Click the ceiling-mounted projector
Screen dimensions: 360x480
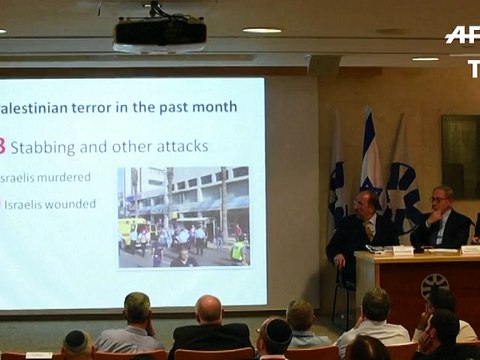tap(160, 33)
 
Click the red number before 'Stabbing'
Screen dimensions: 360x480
tap(3, 147)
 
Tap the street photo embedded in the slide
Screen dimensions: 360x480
tap(183, 217)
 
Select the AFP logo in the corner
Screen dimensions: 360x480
tap(461, 35)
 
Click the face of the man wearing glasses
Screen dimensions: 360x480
tap(440, 201)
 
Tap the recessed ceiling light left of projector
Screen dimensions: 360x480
tap(261, 30)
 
